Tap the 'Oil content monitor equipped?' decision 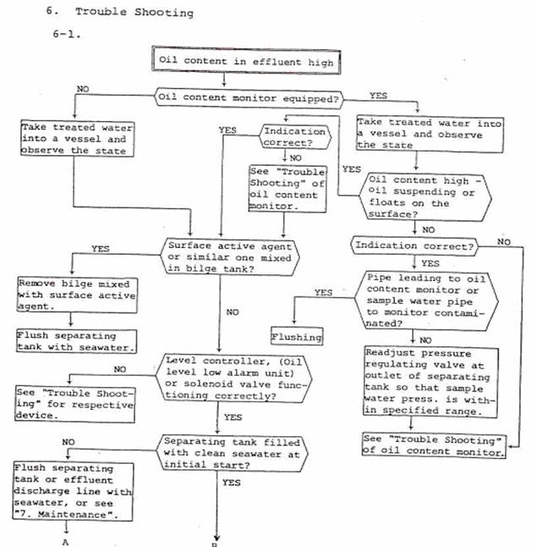[x=249, y=98]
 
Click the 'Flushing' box [x=297, y=336]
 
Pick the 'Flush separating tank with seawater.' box [x=67, y=341]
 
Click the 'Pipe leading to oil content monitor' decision [x=423, y=300]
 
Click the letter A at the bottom [x=65, y=542]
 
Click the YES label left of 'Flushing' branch [x=322, y=292]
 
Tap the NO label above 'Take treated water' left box [x=83, y=88]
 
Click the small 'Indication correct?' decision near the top [x=293, y=137]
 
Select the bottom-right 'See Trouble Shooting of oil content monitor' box [x=434, y=445]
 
